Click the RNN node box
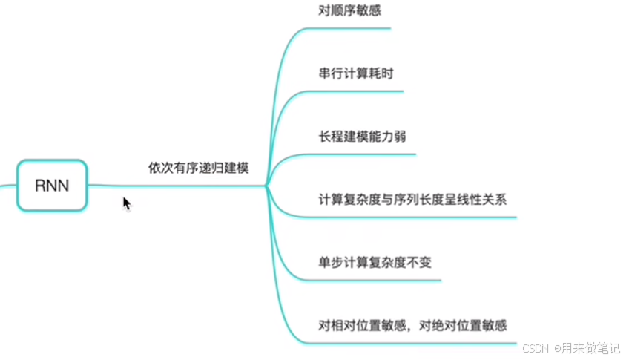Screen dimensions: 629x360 52,185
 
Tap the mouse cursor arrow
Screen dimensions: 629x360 126,203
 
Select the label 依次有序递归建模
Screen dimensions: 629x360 198,168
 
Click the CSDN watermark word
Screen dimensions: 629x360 535,348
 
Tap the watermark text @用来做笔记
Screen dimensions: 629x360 587,348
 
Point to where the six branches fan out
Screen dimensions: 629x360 266,186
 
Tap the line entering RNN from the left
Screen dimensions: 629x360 7,185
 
